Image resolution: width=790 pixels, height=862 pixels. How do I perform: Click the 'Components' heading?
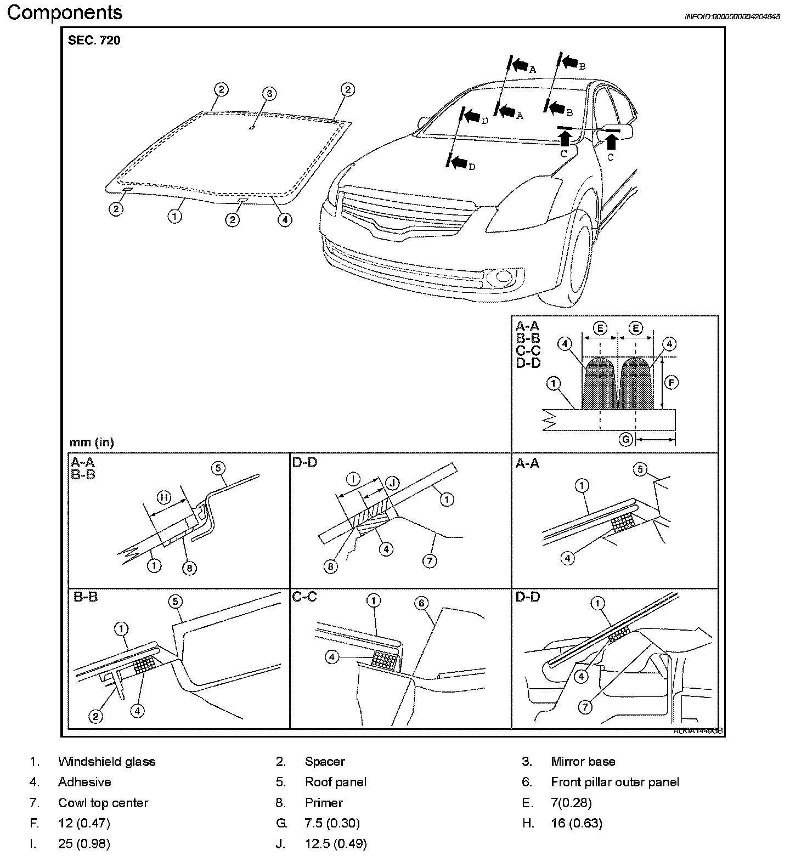[x=65, y=13]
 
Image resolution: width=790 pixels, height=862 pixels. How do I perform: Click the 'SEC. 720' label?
[x=94, y=41]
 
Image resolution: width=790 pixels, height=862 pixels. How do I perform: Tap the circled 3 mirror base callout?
[x=269, y=93]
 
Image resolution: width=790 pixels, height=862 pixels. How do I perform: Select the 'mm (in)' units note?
[x=92, y=442]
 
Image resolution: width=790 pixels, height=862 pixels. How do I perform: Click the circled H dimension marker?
[x=164, y=497]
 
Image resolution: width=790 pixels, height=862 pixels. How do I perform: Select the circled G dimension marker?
[x=625, y=439]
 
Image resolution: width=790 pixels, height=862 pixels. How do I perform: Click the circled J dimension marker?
[x=393, y=483]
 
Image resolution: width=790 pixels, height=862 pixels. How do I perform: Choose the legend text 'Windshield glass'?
[x=106, y=762]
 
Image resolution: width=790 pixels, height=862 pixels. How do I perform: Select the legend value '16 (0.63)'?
[x=577, y=823]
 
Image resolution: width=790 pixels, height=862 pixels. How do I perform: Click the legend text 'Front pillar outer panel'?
[x=614, y=782]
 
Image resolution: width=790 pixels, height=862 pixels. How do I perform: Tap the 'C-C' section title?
[x=305, y=597]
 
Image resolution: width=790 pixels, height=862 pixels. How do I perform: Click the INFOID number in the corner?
[x=732, y=16]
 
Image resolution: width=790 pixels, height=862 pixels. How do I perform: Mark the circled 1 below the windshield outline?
[x=174, y=217]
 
